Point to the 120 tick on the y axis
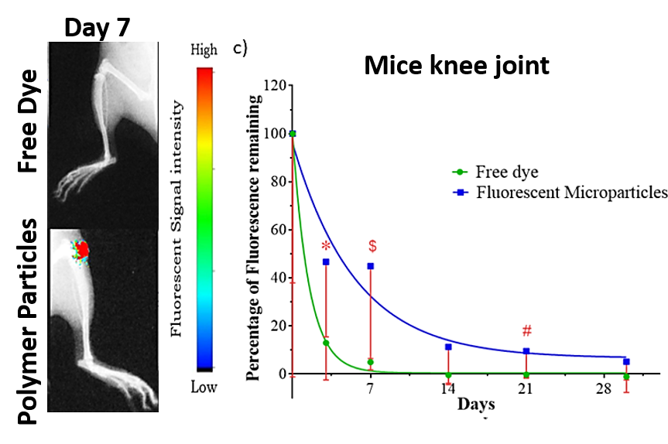[x=275, y=85]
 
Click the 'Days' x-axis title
[x=476, y=404]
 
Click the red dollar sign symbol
[x=372, y=246]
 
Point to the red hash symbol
[x=526, y=331]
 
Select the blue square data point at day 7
[x=371, y=266]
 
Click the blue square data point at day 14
[x=448, y=347]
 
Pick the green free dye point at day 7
[x=371, y=362]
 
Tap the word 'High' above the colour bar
[x=204, y=50]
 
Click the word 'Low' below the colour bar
[x=204, y=387]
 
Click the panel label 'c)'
[x=240, y=49]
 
